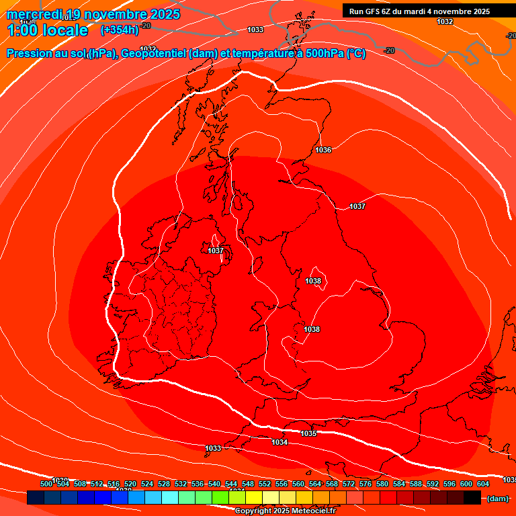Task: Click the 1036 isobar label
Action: pyautogui.click(x=323, y=150)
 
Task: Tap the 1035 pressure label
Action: pyautogui.click(x=308, y=433)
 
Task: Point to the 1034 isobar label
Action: pyautogui.click(x=279, y=441)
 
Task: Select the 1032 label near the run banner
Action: pyautogui.click(x=445, y=21)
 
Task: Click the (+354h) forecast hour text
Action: pyautogui.click(x=119, y=30)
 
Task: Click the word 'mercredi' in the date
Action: pyautogui.click(x=34, y=14)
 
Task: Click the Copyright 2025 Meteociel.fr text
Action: pyautogui.click(x=285, y=511)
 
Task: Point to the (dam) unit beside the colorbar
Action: pyautogui.click(x=497, y=499)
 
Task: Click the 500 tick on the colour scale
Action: pyautogui.click(x=46, y=484)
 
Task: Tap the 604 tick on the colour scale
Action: pyautogui.click(x=483, y=484)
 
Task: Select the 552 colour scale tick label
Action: pyautogui.click(x=265, y=484)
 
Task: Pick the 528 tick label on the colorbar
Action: pyautogui.click(x=164, y=484)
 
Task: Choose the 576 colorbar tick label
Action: pyautogui.click(x=365, y=484)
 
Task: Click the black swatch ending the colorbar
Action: pyautogui.click(x=472, y=498)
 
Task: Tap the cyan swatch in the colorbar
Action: pyautogui.click(x=170, y=498)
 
